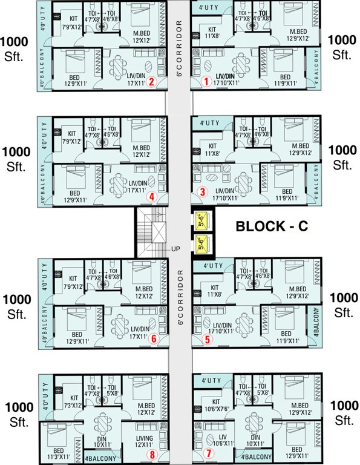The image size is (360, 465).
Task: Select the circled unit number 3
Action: pyautogui.click(x=203, y=193)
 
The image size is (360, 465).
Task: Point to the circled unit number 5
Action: pyautogui.click(x=207, y=340)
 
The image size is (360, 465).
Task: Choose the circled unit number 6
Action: pyautogui.click(x=154, y=339)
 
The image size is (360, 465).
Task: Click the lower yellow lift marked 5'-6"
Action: pyautogui.click(x=201, y=244)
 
